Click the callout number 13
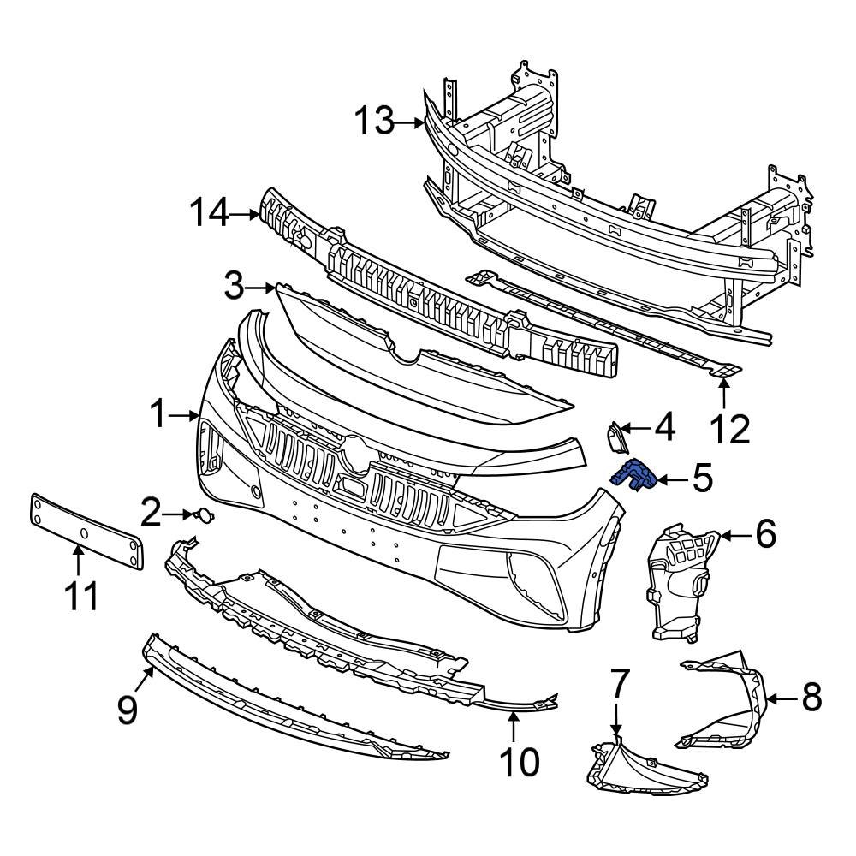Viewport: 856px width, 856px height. pos(374,122)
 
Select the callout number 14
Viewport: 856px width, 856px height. pos(209,212)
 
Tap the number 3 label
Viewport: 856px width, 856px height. pos(235,288)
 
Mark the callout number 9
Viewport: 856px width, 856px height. pos(128,709)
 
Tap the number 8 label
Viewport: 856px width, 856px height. pos(810,698)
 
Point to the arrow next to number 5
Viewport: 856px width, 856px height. pos(673,479)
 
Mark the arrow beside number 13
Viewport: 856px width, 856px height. pos(409,123)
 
